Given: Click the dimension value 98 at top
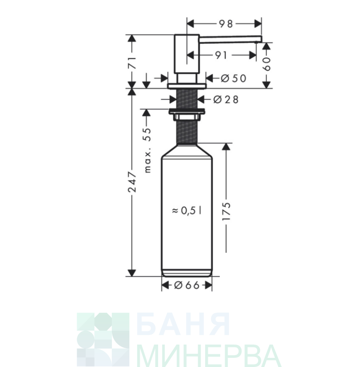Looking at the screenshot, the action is (x=226, y=24).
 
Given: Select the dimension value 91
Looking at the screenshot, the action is (x=221, y=55).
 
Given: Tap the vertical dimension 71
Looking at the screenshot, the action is (x=132, y=63).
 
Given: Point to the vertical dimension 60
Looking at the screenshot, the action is (x=267, y=64).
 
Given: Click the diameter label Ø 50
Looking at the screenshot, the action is (x=233, y=79).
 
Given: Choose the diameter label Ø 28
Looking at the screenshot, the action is (x=226, y=100).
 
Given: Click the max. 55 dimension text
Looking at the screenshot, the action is (x=148, y=150).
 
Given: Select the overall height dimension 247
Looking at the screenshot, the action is (x=132, y=182).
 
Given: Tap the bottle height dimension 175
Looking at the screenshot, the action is (x=226, y=211).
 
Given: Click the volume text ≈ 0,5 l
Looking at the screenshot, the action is (x=186, y=211).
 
